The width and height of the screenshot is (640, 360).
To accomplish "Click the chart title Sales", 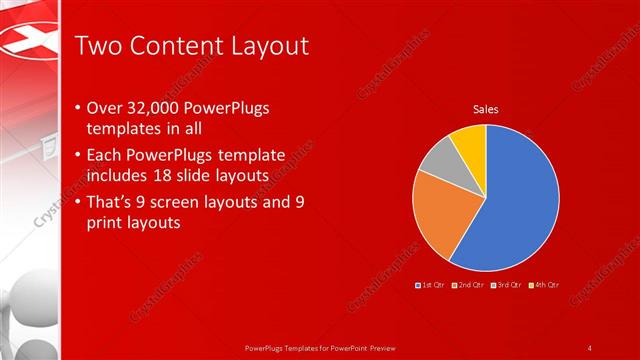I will pos(486,109).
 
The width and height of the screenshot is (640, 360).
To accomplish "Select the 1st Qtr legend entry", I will pos(431,286).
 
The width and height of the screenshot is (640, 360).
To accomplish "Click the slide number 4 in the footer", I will pos(590,348).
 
